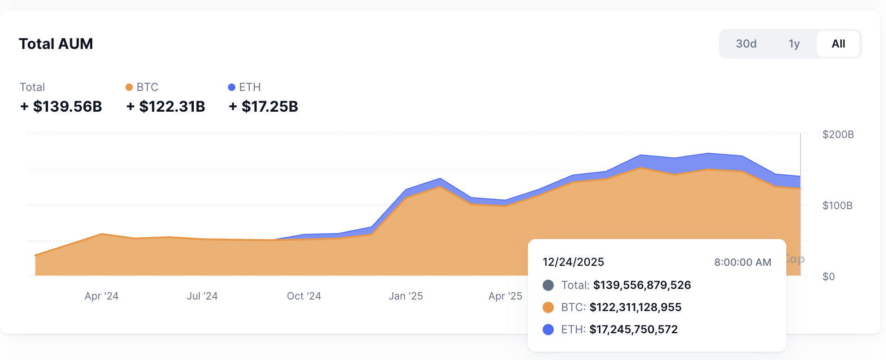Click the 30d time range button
pyautogui.click(x=746, y=44)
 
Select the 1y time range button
pyautogui.click(x=794, y=44)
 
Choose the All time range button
pyautogui.click(x=838, y=44)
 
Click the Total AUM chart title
pyautogui.click(x=56, y=44)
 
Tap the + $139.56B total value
pyautogui.click(x=61, y=107)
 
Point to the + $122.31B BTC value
pyautogui.click(x=166, y=107)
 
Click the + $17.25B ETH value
pyautogui.click(x=263, y=107)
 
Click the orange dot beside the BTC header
pyautogui.click(x=129, y=87)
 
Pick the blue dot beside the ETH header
pyautogui.click(x=232, y=87)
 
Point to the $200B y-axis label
pyautogui.click(x=838, y=134)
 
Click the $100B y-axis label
pyautogui.click(x=837, y=205)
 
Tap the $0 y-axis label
pyautogui.click(x=828, y=276)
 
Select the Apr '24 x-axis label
pyautogui.click(x=102, y=296)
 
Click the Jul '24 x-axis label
pyautogui.click(x=202, y=296)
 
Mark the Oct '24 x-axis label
pyautogui.click(x=304, y=296)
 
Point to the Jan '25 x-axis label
pyautogui.click(x=406, y=296)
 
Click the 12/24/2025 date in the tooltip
pyautogui.click(x=573, y=262)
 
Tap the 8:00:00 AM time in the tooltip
pyautogui.click(x=742, y=262)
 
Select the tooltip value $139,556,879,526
pyautogui.click(x=642, y=285)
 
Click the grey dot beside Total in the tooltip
pyautogui.click(x=548, y=285)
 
